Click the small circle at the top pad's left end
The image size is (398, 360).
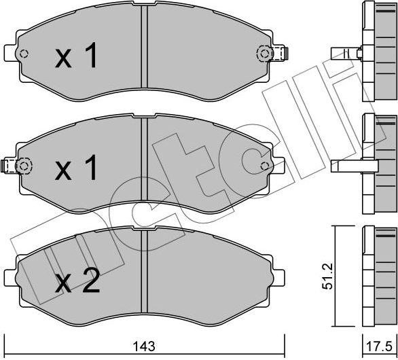pyautogui.click(x=24, y=56)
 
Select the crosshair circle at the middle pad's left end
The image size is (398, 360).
pyautogui.click(x=24, y=164)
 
